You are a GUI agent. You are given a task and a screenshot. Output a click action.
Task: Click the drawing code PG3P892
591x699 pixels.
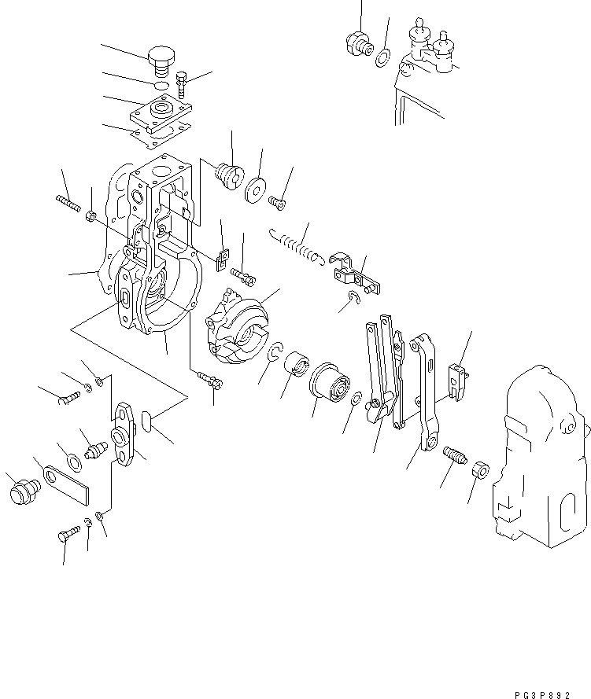point(554,686)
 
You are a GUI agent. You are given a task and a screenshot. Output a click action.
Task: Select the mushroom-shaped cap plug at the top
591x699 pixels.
point(161,58)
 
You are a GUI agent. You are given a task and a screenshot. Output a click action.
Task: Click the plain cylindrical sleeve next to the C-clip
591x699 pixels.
point(297,366)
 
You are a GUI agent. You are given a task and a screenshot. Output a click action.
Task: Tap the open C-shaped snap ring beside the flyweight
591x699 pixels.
point(276,353)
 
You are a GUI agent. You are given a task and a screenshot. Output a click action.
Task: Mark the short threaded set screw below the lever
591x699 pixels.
point(456,455)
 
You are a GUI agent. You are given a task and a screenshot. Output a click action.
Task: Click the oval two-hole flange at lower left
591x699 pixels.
point(127,432)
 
